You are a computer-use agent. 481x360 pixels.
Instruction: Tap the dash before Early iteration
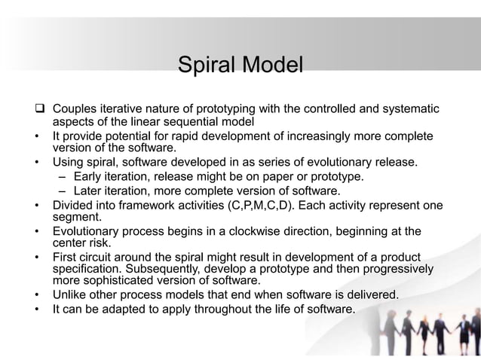pos(62,176)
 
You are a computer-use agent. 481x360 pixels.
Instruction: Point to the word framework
pos(151,205)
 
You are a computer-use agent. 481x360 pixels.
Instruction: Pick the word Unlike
pos(70,294)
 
